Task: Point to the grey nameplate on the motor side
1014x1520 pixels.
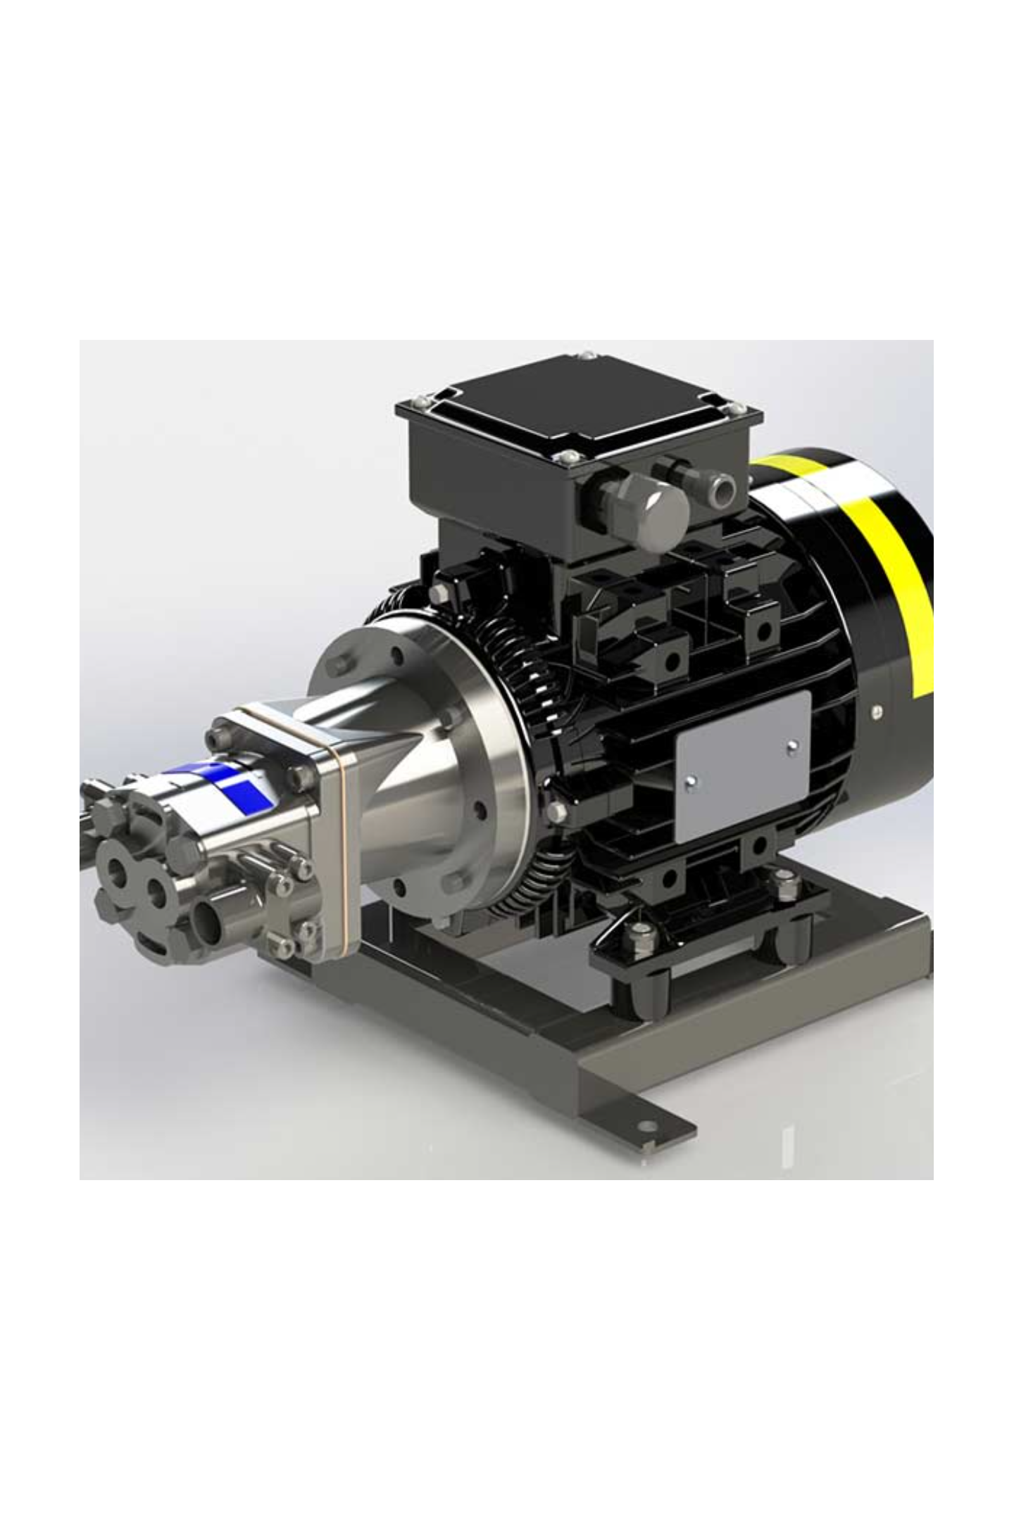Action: coord(743,767)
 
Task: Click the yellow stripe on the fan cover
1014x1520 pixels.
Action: coord(891,549)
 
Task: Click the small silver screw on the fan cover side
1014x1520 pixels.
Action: coord(877,711)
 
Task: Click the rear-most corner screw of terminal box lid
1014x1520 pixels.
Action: coord(587,356)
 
